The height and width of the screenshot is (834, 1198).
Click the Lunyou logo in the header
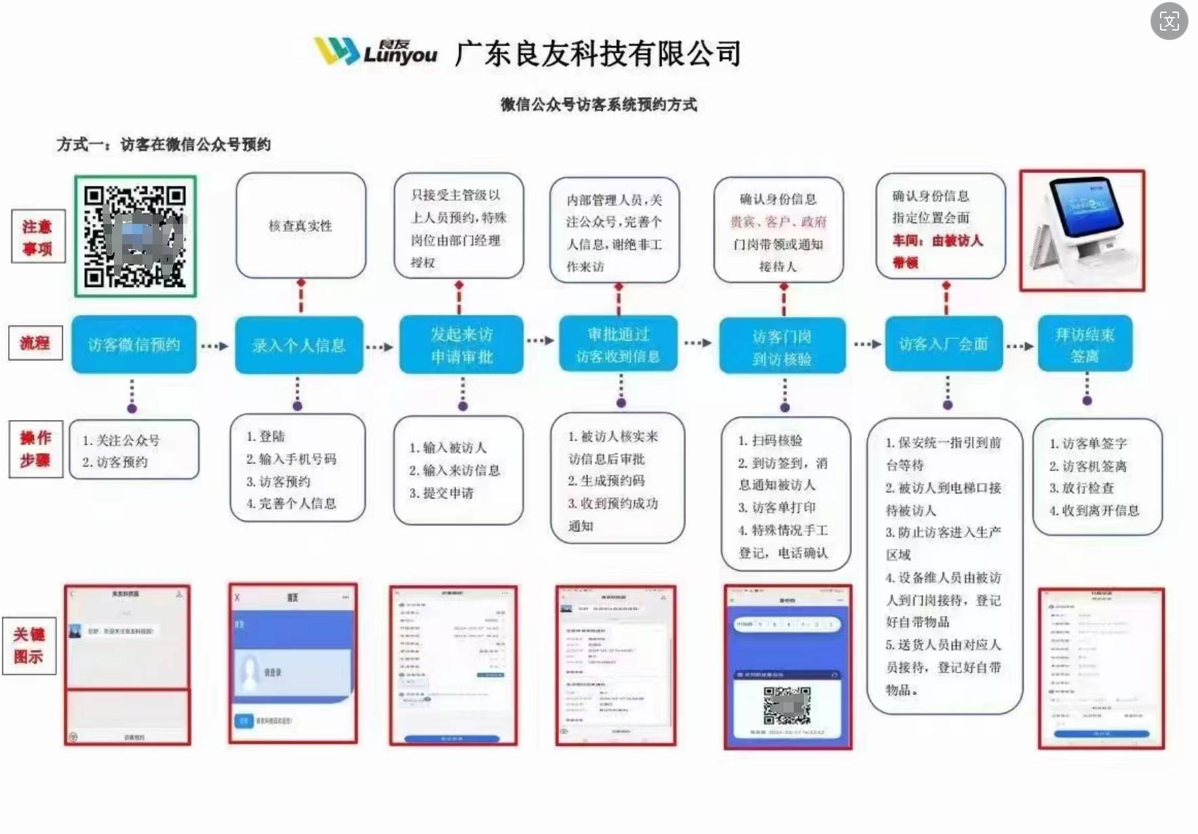(375, 52)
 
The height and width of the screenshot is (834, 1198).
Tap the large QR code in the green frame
(135, 236)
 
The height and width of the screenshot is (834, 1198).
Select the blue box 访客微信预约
(134, 345)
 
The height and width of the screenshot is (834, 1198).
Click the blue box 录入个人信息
(298, 345)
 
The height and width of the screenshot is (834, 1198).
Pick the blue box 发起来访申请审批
(461, 345)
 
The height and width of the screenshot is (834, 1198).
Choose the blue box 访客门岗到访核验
(782, 346)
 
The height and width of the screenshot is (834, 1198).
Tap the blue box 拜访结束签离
(1085, 344)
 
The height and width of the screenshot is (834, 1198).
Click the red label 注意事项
(38, 237)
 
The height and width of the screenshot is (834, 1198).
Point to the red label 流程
(35, 343)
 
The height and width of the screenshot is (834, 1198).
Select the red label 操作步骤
(36, 449)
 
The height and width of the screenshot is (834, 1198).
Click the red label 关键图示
(29, 645)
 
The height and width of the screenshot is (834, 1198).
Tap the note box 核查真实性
(301, 225)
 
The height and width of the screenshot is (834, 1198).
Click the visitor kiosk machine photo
(1081, 231)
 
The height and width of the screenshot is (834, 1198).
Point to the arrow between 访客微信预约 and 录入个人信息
(215, 346)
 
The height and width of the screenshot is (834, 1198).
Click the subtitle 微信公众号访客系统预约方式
(598, 105)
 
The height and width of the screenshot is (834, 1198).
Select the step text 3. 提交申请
(442, 493)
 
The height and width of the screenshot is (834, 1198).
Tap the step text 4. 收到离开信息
(1094, 510)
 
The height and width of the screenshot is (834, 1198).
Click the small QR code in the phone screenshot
(786, 706)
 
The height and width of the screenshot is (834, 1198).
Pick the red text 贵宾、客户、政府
(778, 222)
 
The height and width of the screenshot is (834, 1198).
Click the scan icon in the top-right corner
(1168, 21)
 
